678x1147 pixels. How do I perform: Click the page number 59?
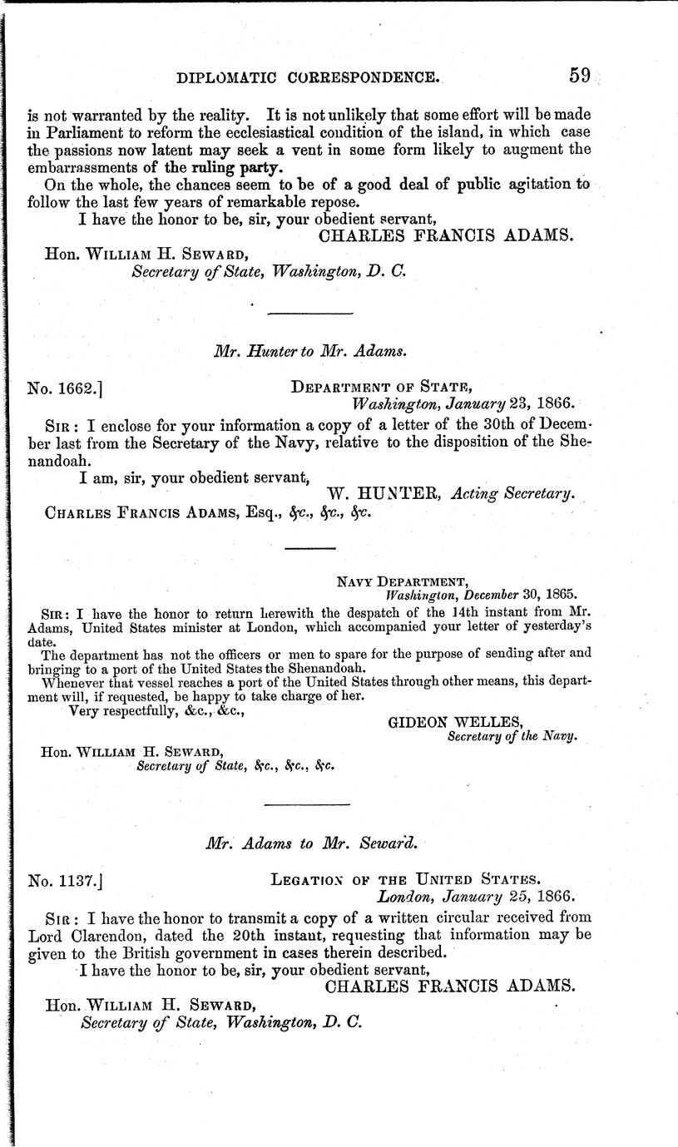click(579, 76)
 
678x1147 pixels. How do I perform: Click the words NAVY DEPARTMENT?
click(396, 581)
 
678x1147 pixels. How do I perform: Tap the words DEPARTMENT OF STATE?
click(382, 387)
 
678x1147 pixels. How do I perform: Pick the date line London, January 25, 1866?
click(476, 897)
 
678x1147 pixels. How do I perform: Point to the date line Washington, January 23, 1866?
click(462, 403)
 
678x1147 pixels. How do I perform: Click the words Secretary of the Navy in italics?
click(512, 736)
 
